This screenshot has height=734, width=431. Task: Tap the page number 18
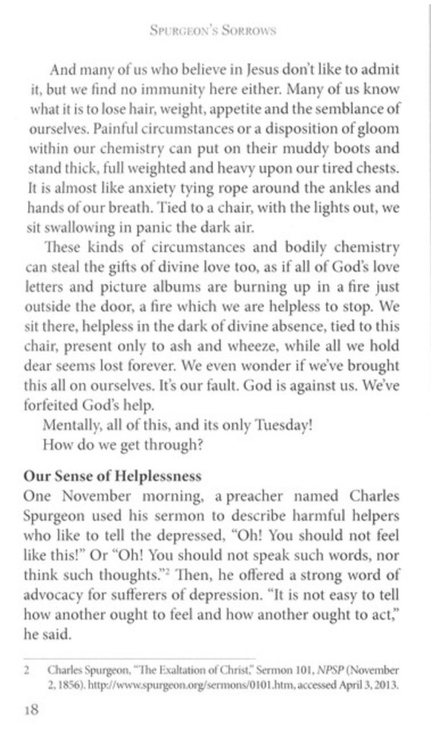click(31, 710)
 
